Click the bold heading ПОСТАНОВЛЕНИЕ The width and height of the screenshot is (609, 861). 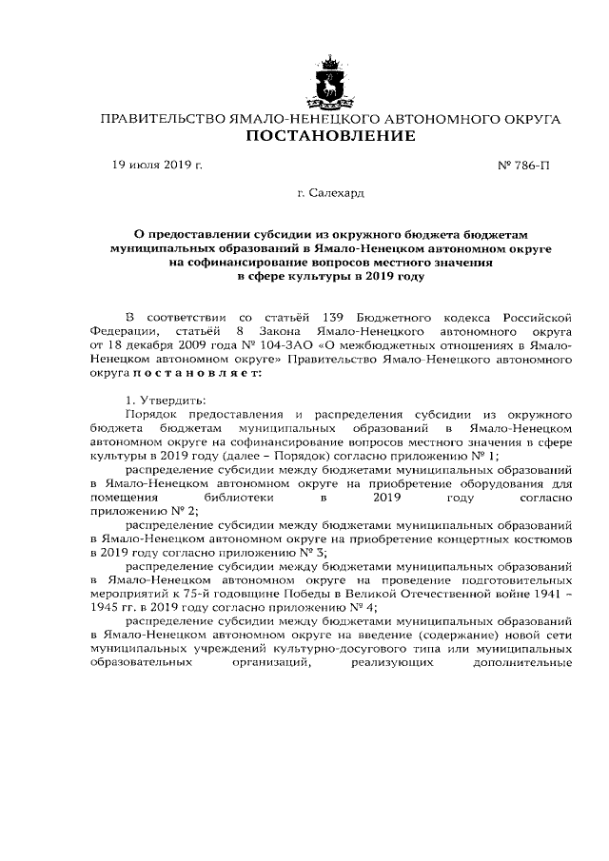point(330,137)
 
